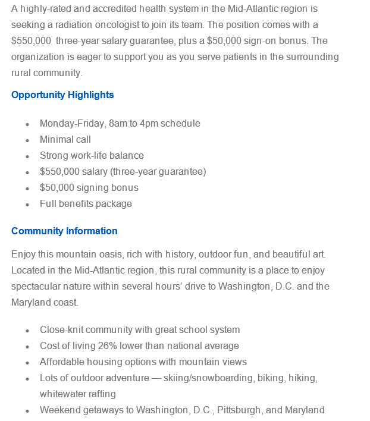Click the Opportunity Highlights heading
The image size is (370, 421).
[x=62, y=95]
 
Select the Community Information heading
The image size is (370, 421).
[x=64, y=231]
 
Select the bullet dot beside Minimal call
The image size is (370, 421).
[x=27, y=140]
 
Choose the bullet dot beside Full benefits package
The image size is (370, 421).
[x=27, y=205]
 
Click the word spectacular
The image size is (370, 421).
[x=36, y=287]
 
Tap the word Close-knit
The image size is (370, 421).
[x=61, y=330]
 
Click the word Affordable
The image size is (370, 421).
[x=62, y=362]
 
